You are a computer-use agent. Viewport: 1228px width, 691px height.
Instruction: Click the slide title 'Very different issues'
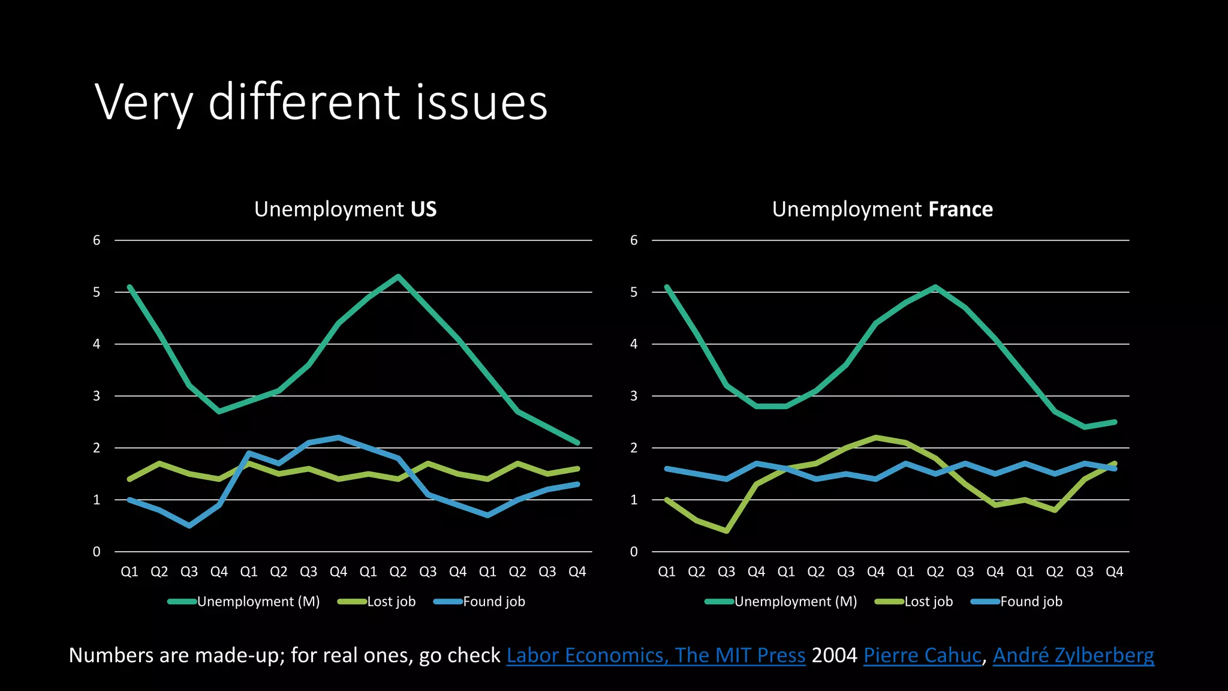coord(321,102)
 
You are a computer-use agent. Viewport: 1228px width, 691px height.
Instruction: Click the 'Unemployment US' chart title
coord(345,209)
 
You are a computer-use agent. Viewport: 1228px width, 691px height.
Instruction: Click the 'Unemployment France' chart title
coord(882,209)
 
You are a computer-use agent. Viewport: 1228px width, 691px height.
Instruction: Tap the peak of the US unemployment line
coord(398,277)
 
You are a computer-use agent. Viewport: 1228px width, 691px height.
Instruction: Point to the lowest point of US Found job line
coord(189,525)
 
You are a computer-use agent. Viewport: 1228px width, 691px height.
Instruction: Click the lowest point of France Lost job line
coord(726,531)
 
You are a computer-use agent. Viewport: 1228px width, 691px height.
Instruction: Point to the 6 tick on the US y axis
coord(97,241)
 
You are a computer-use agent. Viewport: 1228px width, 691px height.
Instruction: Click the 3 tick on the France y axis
coord(634,396)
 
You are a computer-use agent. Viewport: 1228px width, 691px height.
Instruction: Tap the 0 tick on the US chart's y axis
coord(97,552)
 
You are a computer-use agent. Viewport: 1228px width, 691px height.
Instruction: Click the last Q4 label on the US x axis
coord(577,572)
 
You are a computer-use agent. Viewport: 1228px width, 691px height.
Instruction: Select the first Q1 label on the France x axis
coord(667,572)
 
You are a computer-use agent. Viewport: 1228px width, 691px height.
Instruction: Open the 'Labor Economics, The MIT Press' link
coord(655,655)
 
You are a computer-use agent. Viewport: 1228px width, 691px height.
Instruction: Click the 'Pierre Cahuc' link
coord(922,655)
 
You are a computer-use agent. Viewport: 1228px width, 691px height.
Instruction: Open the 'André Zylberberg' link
coord(1073,655)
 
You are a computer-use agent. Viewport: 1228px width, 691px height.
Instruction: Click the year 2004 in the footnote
coord(834,655)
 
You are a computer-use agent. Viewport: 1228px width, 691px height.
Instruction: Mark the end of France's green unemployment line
coord(1115,422)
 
